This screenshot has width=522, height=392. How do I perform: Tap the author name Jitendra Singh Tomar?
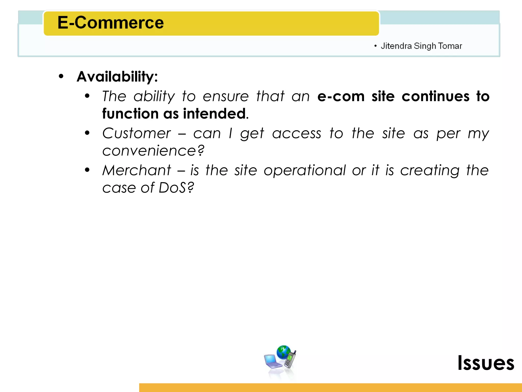[x=421, y=46]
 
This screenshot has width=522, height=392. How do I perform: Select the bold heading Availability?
[x=117, y=77]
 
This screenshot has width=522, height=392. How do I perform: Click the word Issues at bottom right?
[x=486, y=363]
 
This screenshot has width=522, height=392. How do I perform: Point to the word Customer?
[x=137, y=133]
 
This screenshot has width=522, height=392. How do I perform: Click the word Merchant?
[x=137, y=170]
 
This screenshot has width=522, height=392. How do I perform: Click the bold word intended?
[x=215, y=114]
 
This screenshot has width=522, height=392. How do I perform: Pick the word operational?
[x=305, y=170]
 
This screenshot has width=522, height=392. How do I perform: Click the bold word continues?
[x=435, y=96]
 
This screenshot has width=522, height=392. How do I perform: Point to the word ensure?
[x=226, y=96]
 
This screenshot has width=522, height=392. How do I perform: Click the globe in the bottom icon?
[x=283, y=352]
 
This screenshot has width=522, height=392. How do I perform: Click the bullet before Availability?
[x=61, y=76]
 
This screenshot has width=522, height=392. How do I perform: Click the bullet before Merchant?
[x=87, y=170]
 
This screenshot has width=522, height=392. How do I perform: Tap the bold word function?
[x=130, y=114]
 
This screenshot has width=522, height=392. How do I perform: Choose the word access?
[x=297, y=133]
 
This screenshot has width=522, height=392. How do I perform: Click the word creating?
[x=430, y=170]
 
